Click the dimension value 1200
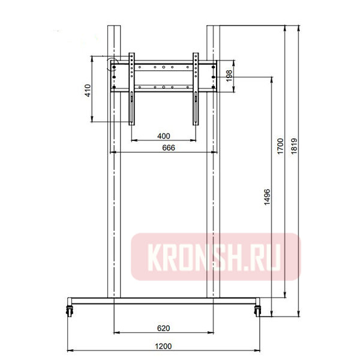coord(163,346)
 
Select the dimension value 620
coord(163,328)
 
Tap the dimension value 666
coord(163,148)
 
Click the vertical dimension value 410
coord(88,91)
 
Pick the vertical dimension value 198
coord(229,75)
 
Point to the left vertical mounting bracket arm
coord(131,90)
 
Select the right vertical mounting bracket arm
coord(196,90)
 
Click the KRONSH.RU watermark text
coord(215,257)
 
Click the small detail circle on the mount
coord(112,64)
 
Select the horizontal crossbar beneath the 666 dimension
coord(163,153)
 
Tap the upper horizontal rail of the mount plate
coord(163,62)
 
